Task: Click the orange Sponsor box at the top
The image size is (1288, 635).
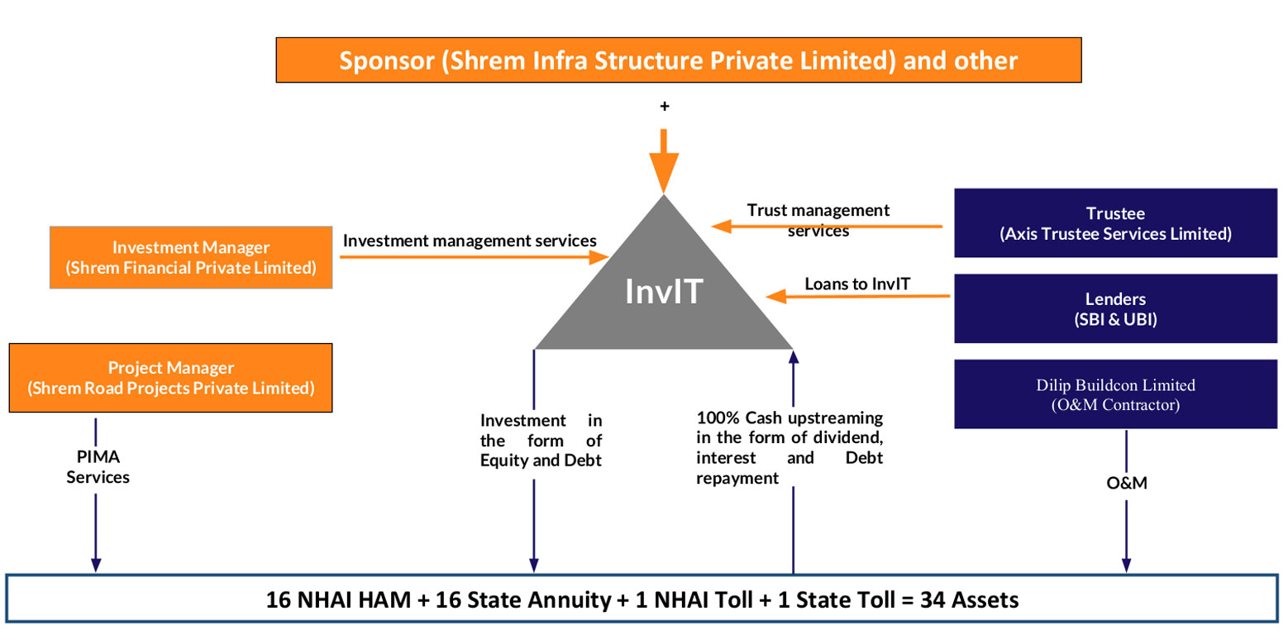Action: click(678, 61)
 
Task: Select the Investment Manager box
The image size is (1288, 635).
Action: click(191, 257)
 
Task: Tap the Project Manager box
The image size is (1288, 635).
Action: click(170, 378)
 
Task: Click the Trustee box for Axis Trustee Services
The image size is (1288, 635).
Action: click(1115, 222)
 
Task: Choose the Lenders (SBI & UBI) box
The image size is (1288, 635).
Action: click(1115, 308)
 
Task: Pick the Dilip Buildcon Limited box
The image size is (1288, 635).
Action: click(1115, 394)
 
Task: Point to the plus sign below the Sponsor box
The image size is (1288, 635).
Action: click(664, 107)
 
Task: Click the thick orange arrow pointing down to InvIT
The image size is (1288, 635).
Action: click(664, 162)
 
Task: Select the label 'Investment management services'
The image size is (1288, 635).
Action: click(470, 241)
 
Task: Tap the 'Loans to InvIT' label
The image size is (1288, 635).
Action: click(857, 284)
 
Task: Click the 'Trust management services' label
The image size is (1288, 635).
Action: click(818, 220)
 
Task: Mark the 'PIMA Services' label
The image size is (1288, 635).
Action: click(98, 466)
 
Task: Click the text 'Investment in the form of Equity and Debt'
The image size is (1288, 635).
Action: click(541, 440)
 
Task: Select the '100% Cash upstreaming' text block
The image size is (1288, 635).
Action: click(789, 447)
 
